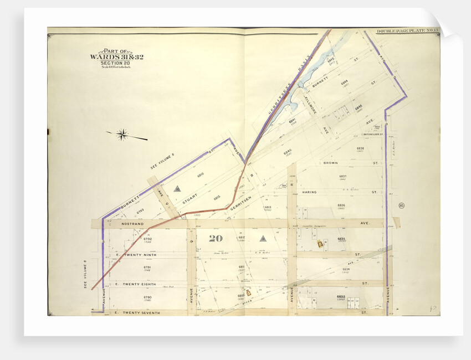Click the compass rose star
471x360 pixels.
point(122,134)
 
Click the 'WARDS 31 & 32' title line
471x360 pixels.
point(116,57)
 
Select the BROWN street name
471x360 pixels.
point(332,163)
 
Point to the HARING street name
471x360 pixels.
point(309,192)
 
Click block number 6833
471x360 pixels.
point(341,297)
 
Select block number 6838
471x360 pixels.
point(360,148)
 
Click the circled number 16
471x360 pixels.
point(401,206)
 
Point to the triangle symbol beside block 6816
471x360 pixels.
point(177,189)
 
